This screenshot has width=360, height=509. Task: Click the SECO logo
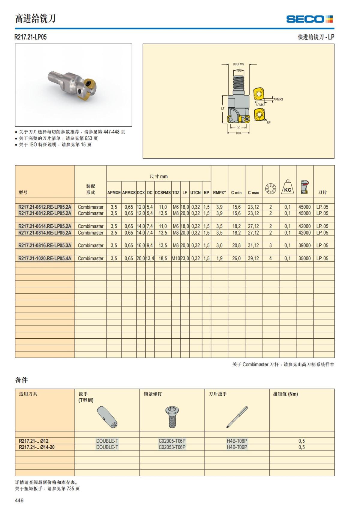[x=309, y=19]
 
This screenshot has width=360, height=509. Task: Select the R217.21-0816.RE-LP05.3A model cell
[x=45, y=245]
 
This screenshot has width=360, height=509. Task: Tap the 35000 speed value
[x=304, y=258]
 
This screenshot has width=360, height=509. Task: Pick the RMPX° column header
[x=219, y=193]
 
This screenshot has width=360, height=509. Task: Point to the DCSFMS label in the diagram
[x=238, y=64]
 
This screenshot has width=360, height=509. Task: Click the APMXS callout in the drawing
[x=278, y=99]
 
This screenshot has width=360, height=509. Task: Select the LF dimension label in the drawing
[x=223, y=109]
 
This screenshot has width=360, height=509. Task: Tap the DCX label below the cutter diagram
[x=238, y=133]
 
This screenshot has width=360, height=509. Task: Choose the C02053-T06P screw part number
[x=172, y=447]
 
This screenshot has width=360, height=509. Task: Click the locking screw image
[x=172, y=417]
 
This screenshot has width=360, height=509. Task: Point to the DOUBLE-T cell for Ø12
[x=107, y=441]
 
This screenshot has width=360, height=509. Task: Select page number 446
[x=19, y=500]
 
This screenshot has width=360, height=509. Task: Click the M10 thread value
[x=175, y=258]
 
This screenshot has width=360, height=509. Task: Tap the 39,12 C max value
[x=253, y=258]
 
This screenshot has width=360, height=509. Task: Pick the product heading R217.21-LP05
[x=31, y=37]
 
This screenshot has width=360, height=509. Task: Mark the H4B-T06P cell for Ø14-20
[x=237, y=447]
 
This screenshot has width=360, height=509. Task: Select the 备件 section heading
[x=21, y=380]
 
